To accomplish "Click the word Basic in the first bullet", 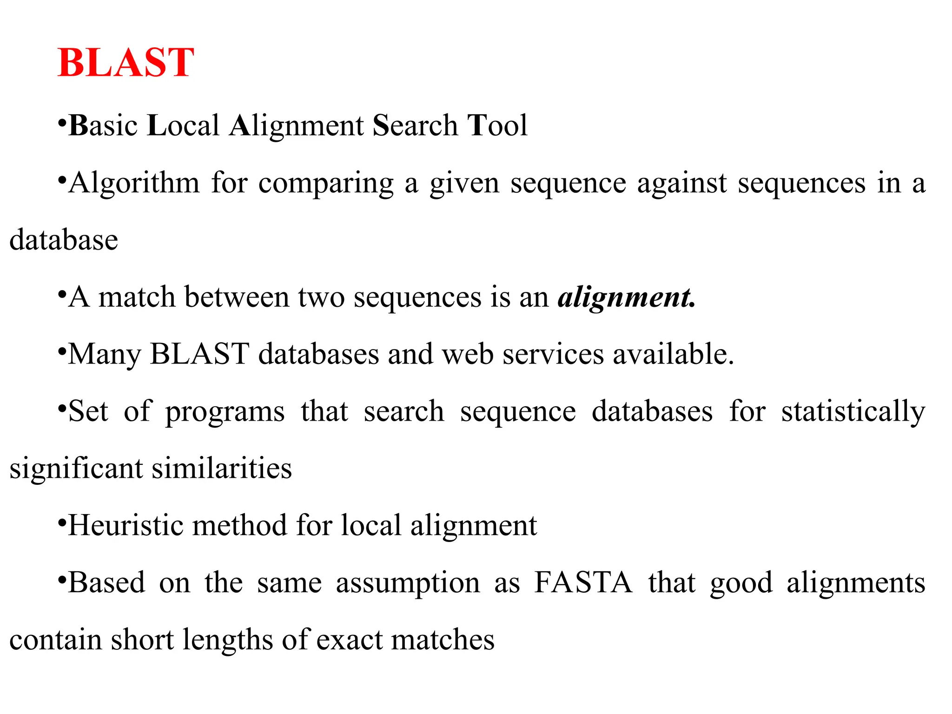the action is tap(103, 126).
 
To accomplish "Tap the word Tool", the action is tap(497, 126).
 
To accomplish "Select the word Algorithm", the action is tap(134, 183).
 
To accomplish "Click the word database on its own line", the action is tap(64, 240).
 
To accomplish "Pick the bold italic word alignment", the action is tap(626, 297).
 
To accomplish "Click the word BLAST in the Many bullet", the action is tap(200, 354).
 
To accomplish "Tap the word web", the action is tap(467, 354).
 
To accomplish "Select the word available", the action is tap(673, 354).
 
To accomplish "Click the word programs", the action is tap(225, 412).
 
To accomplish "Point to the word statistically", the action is tap(853, 412).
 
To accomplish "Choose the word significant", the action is tap(76, 469).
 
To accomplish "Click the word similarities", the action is tap(222, 468).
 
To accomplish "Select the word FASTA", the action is tap(583, 582).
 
